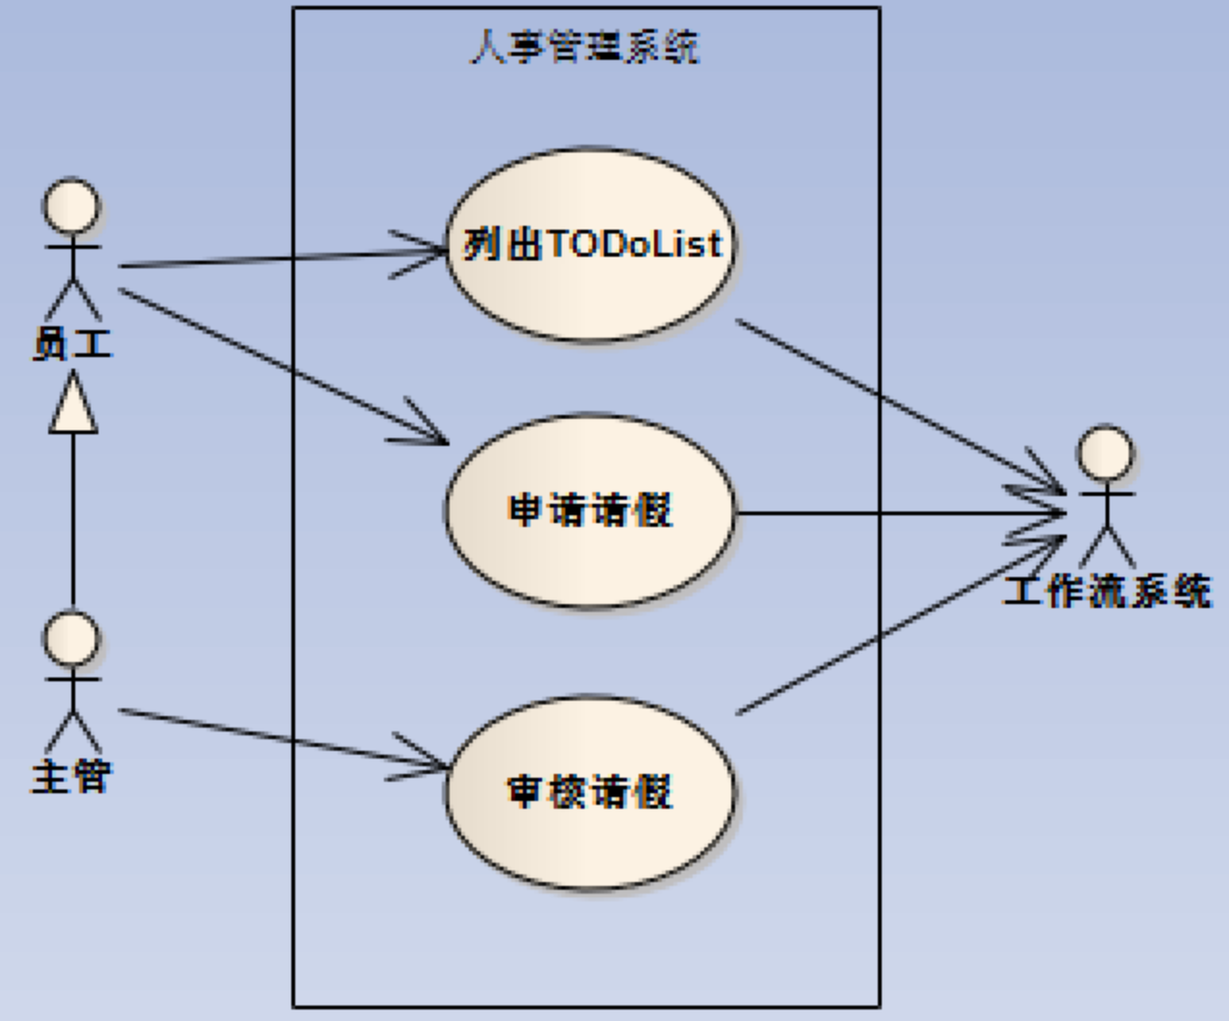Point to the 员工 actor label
pos(72,344)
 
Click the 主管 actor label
pos(72,776)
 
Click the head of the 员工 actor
pos(72,206)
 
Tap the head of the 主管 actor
pos(72,638)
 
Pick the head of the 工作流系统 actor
pos(1106,454)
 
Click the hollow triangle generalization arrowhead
pos(73,407)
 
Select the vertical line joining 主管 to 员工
pos(73,521)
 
